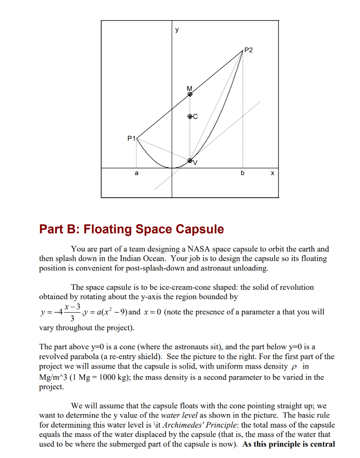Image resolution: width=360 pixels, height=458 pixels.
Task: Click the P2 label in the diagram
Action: [249, 50]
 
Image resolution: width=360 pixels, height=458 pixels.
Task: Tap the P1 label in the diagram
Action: [131, 138]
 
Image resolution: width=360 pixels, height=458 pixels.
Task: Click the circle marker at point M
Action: [190, 93]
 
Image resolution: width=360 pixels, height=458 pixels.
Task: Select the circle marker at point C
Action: [190, 116]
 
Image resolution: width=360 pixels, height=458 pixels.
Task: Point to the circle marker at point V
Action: [190, 160]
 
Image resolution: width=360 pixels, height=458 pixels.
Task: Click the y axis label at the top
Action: [177, 30]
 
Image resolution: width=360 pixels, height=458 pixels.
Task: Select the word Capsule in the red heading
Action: [199, 229]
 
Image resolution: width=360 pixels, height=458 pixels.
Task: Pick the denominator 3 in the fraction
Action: [67, 318]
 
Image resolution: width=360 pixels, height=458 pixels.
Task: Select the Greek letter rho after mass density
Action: [293, 367]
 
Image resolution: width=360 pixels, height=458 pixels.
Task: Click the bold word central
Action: [319, 444]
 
